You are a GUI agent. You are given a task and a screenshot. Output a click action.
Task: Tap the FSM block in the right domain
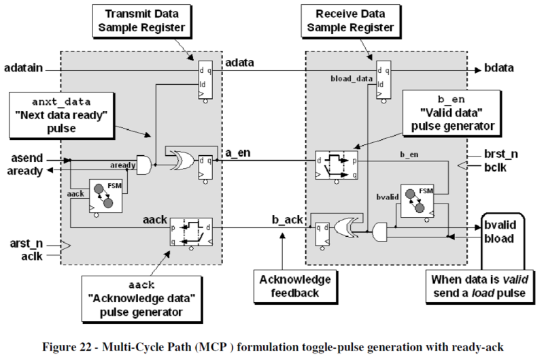(418, 201)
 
